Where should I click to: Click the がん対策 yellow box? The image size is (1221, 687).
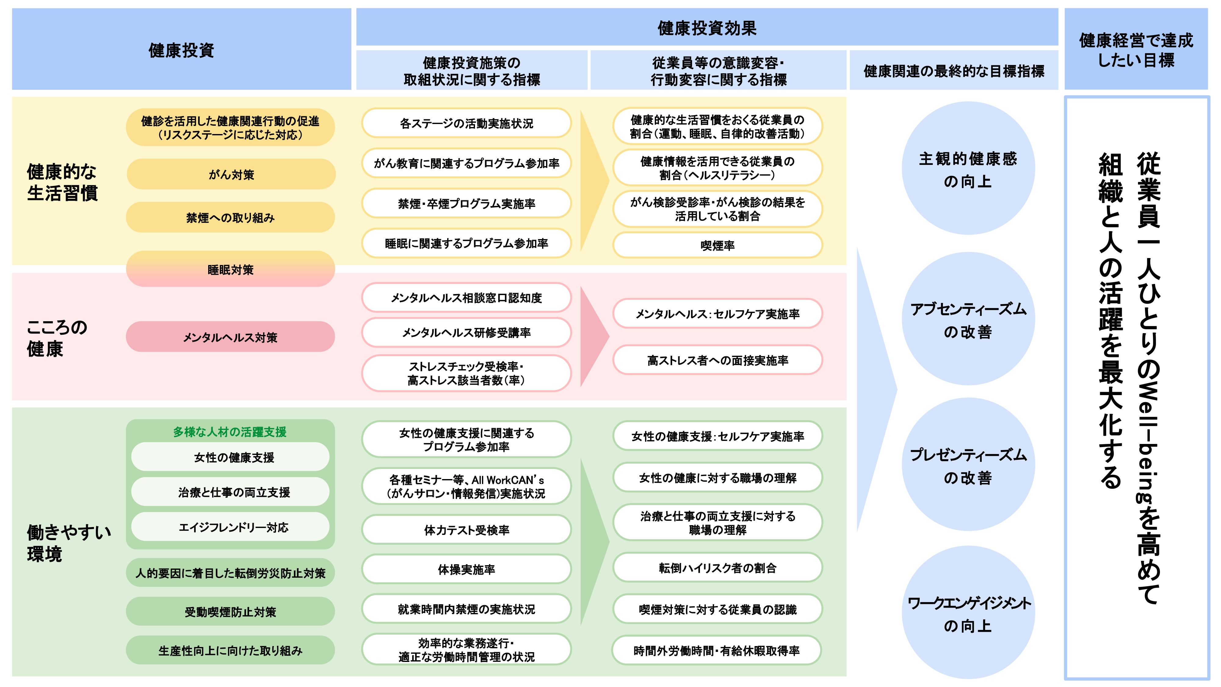(231, 174)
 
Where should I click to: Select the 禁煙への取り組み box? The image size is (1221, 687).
(230, 218)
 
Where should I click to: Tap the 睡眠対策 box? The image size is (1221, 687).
(230, 269)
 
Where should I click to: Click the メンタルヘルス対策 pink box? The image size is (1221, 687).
(230, 337)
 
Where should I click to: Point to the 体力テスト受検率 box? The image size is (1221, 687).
(466, 529)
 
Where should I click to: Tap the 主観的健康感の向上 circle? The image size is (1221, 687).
(968, 168)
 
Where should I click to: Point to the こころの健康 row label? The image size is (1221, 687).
(57, 338)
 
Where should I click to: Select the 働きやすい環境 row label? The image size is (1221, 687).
(69, 543)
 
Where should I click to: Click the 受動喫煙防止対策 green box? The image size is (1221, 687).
(230, 612)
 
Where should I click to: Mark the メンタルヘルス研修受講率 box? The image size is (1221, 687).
(466, 333)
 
